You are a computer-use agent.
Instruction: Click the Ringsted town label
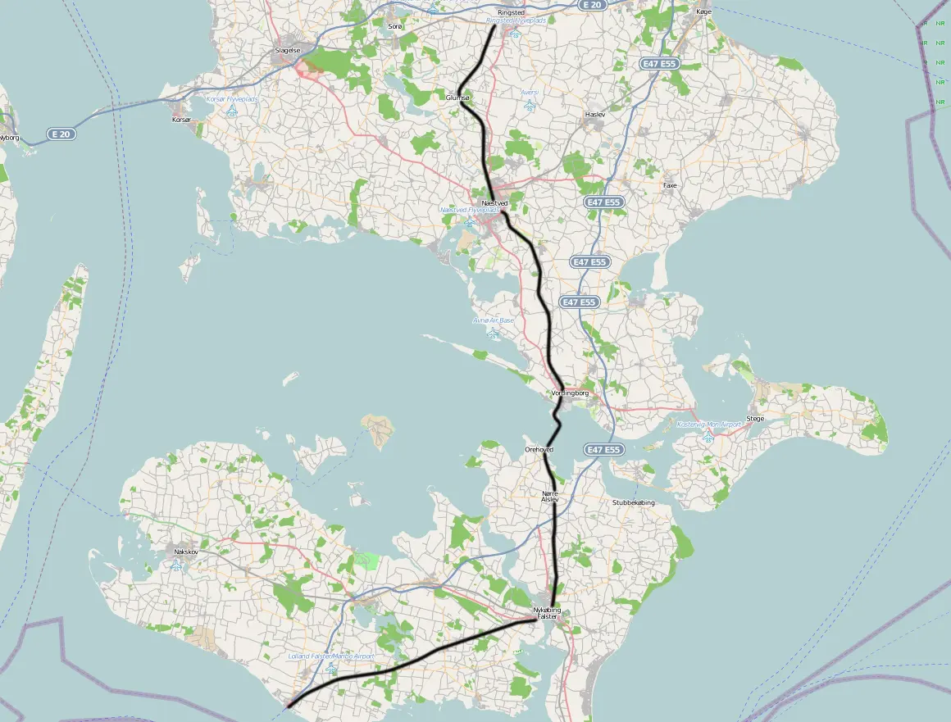point(511,12)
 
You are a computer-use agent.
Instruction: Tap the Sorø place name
point(395,26)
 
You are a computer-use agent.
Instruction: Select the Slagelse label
point(287,50)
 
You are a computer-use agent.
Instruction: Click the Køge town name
point(703,12)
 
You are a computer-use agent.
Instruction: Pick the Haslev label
point(595,115)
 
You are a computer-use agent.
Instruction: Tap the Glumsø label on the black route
point(457,98)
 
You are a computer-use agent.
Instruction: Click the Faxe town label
point(670,186)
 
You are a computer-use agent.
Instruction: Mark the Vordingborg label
point(571,393)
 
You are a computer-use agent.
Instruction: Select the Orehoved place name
point(539,450)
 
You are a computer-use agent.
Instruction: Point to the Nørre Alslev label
point(550,496)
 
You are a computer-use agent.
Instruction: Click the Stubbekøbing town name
point(634,502)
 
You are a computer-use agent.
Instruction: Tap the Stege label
point(755,419)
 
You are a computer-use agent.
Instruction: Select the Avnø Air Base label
point(494,320)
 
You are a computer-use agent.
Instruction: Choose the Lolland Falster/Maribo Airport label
point(331,656)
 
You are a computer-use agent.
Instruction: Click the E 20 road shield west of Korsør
point(62,134)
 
